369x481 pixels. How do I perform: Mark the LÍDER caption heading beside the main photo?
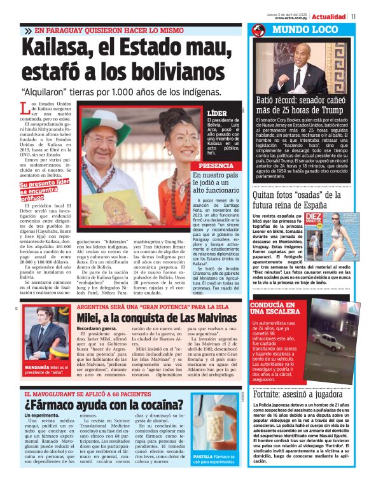(216, 113)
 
